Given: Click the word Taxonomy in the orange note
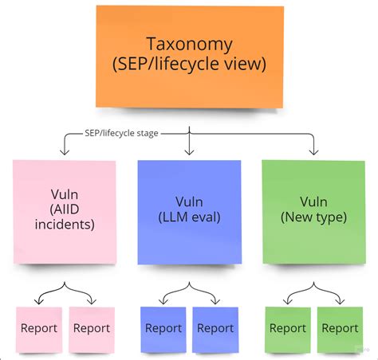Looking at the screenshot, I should pos(189,45).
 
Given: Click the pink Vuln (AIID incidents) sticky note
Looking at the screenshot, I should pos(65,211).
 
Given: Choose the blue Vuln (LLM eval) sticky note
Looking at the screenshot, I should pos(189,211).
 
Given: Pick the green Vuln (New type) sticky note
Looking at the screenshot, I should pos(313,211).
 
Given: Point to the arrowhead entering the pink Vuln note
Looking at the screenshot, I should pos(63,151).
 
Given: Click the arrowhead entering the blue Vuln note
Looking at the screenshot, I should pos(189,151).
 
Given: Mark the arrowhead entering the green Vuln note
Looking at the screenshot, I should pos(313,151).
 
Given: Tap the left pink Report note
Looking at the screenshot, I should pos(39,328).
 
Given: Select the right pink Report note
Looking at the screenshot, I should pos(91,328).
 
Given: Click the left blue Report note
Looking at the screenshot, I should pos(163,328).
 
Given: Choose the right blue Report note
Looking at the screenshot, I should pos(215,328).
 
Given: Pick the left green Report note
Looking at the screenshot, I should pos(288,328).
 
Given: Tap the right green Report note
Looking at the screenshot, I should pos(340,328).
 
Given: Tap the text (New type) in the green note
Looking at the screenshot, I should pos(313,217).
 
